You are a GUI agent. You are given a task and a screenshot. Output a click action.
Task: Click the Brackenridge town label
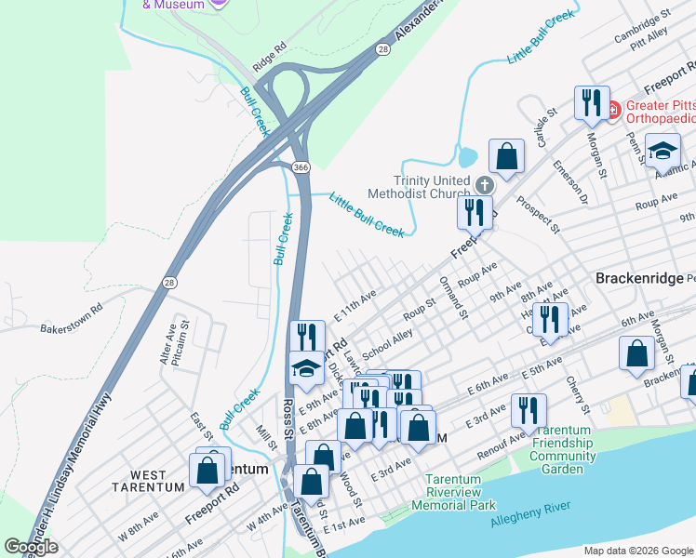tap(638, 278)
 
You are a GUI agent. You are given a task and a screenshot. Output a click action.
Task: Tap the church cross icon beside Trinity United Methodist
tap(484, 184)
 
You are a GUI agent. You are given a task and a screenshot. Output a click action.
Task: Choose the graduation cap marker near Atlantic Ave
tap(663, 150)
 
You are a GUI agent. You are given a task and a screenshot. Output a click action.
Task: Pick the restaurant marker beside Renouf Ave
tap(529, 409)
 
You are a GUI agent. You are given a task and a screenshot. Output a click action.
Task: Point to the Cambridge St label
tap(643, 27)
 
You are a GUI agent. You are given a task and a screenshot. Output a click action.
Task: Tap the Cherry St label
tap(576, 395)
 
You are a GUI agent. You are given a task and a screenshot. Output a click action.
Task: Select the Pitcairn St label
tap(184, 341)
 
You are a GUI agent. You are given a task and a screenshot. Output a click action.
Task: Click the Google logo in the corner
tap(31, 547)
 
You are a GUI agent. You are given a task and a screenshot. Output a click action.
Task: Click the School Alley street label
tap(388, 343)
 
